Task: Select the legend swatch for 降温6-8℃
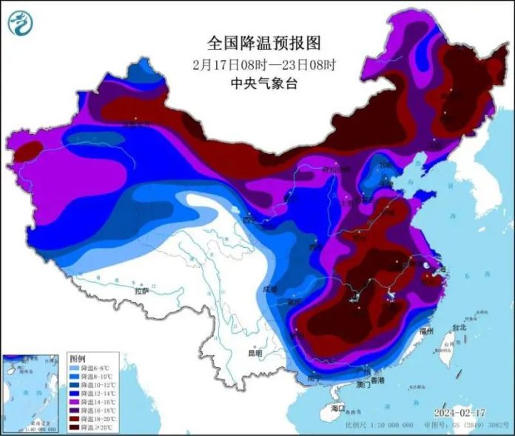click(x=75, y=368)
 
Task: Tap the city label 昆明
click(x=255, y=354)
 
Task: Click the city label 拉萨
click(x=141, y=292)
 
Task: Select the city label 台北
click(x=459, y=327)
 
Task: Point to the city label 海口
click(x=338, y=409)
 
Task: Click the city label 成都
click(x=269, y=289)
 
